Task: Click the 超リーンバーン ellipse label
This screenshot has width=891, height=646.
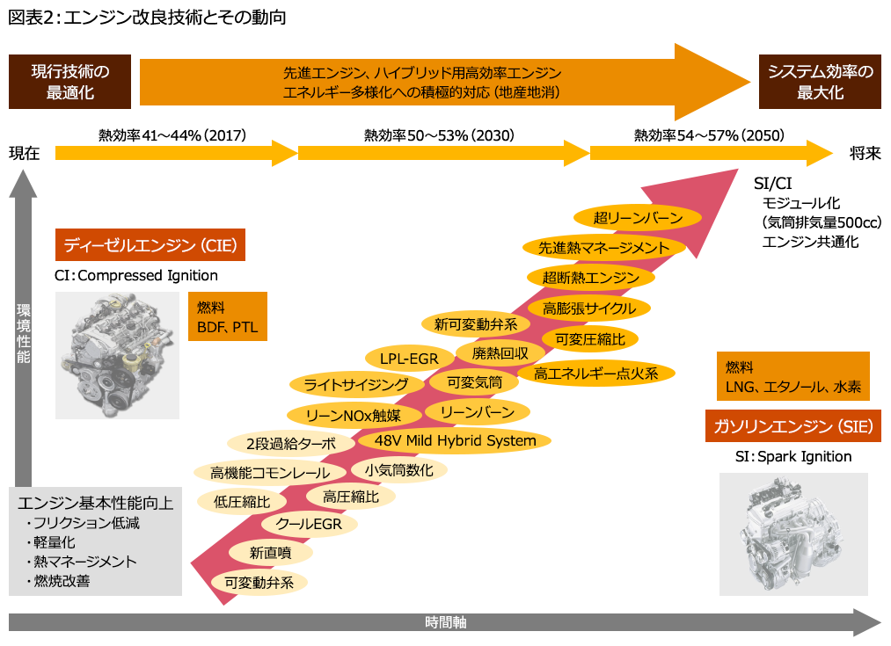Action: [x=637, y=218]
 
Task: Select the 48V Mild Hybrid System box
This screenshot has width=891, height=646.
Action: [x=455, y=441]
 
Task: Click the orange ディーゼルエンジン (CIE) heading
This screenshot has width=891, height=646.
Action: [x=149, y=244]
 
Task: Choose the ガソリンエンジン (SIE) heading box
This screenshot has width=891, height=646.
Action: [x=793, y=427]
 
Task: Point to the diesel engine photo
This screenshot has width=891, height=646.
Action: [x=117, y=355]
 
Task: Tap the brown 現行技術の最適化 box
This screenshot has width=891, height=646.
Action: [x=69, y=82]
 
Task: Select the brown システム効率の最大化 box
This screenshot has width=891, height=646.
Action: [x=820, y=82]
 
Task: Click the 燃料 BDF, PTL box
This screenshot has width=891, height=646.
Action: [x=227, y=316]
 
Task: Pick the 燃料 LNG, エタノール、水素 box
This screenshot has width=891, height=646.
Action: [x=793, y=376]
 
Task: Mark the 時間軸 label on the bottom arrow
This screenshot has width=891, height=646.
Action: [x=445, y=622]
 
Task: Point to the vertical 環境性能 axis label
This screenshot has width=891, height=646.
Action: [x=24, y=334]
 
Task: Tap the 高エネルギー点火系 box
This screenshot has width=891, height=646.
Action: [x=595, y=373]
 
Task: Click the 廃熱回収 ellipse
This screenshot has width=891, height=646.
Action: [x=500, y=353]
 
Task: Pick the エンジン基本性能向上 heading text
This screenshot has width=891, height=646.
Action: [x=95, y=504]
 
